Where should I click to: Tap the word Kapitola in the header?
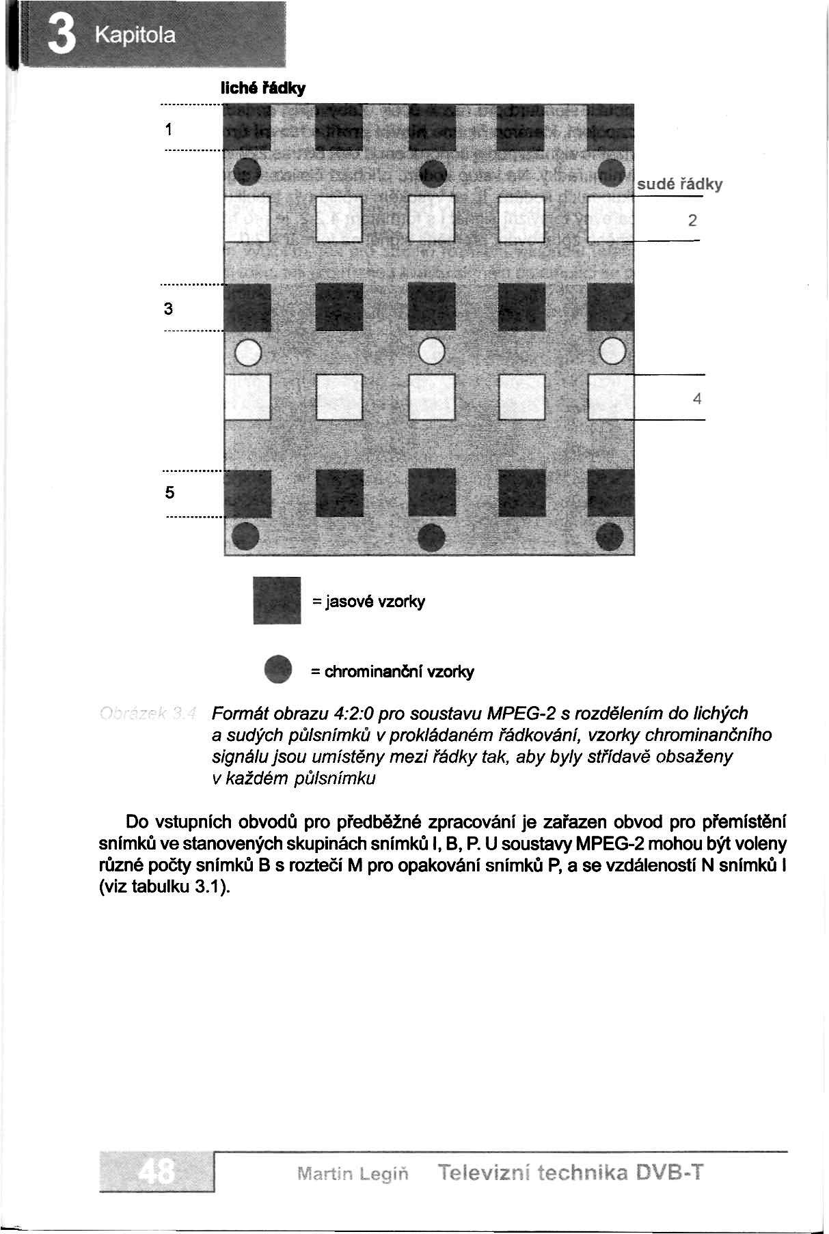(x=135, y=35)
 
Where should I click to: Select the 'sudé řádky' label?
(x=679, y=184)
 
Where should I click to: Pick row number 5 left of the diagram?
(x=169, y=492)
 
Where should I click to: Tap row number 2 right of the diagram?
(x=692, y=221)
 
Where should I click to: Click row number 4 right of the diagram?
(x=696, y=399)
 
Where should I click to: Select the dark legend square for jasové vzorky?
(x=277, y=600)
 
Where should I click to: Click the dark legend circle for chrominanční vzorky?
(x=279, y=669)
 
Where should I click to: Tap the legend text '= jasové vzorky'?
(x=368, y=602)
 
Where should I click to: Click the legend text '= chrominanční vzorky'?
(x=392, y=672)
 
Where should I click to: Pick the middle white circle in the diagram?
(x=432, y=352)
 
